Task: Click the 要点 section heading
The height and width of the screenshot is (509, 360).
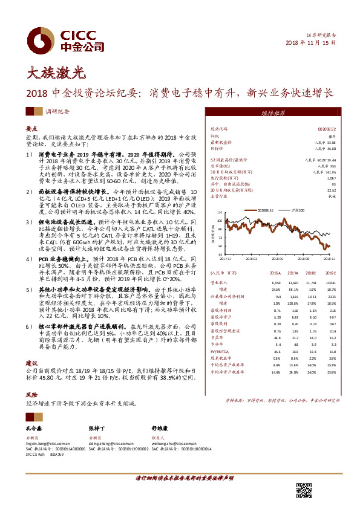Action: (x=32, y=129)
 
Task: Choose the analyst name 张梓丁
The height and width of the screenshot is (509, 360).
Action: (x=98, y=429)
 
